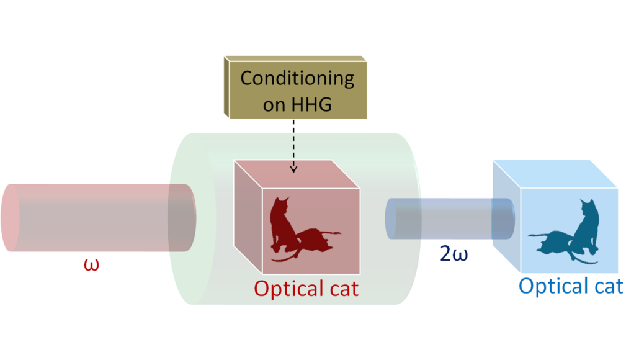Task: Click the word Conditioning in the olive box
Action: [x=297, y=79]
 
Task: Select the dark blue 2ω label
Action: [x=455, y=254]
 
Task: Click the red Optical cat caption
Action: [x=306, y=289]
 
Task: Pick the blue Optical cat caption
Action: [x=570, y=286]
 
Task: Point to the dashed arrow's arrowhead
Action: [x=293, y=169]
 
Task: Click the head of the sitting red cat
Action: [x=283, y=203]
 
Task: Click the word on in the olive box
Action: [x=273, y=104]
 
